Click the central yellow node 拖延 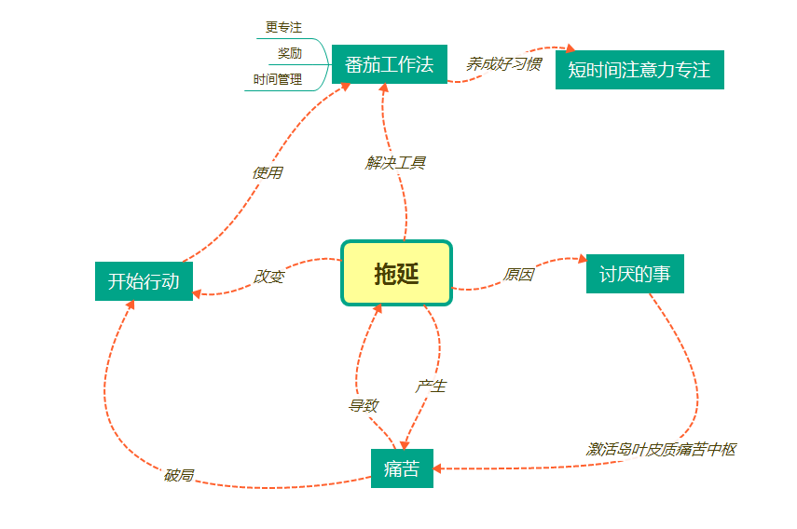pos(396,274)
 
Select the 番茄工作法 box pos(389,64)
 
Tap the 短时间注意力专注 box pos(639,70)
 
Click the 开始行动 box pos(144,281)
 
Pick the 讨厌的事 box pos(635,274)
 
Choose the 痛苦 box pos(402,468)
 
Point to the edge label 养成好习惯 pos(503,64)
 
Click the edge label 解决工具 pos(396,163)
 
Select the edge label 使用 pos(268,172)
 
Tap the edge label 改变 pos(268,277)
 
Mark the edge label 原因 pos(518,275)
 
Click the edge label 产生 pos(431,386)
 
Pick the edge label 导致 pos(364,405)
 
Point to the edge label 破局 pos(179,475)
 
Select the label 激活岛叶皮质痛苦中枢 pos(661,449)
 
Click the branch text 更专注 pos(283,28)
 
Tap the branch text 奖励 pos(290,53)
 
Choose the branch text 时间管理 pos(278,79)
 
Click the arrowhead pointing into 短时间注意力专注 pos(570,50)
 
